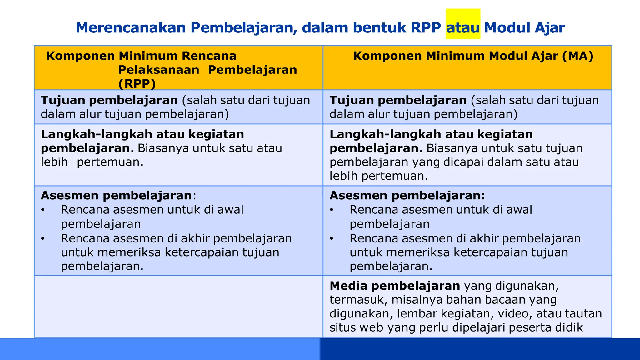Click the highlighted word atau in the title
coord(463,28)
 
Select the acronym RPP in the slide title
coord(426,28)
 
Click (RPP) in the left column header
coord(137,84)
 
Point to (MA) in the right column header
coord(578,56)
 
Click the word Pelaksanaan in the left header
coord(158,70)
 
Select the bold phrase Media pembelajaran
coord(395,286)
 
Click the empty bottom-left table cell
coord(178,306)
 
